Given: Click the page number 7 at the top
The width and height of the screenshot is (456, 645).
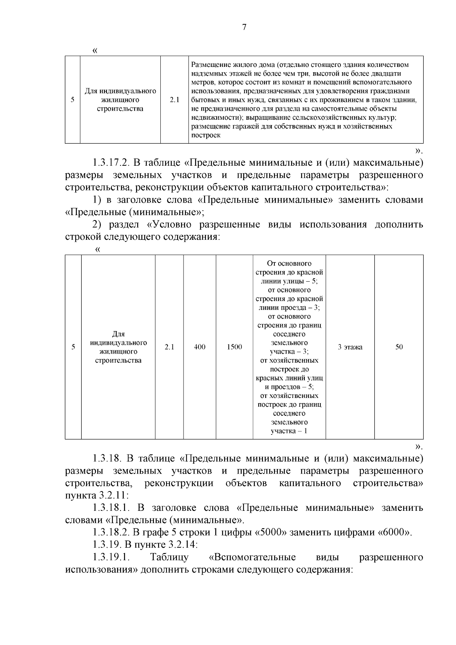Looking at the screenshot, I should [x=244, y=27].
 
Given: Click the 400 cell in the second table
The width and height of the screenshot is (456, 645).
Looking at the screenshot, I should [x=199, y=347].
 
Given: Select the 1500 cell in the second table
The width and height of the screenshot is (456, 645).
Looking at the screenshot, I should [x=234, y=347].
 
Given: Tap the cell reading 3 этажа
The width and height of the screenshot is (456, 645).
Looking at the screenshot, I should [x=350, y=347].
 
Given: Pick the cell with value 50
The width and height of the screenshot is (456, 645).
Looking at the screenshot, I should [x=399, y=347].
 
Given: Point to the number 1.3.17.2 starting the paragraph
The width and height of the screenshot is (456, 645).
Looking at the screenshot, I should [x=111, y=163].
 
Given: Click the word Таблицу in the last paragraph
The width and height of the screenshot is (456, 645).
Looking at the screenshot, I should [x=169, y=557].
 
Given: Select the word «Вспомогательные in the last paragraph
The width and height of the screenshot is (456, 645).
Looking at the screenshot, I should [x=252, y=557].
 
